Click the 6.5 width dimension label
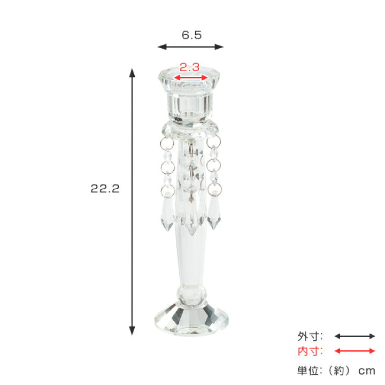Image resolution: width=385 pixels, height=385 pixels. point(191,35)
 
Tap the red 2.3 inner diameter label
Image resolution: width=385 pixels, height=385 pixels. point(189,67)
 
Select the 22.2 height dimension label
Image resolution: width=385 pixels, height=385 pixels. point(105,189)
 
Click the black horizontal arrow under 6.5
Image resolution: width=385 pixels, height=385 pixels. point(190,47)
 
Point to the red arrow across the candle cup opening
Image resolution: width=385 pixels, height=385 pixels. point(191,78)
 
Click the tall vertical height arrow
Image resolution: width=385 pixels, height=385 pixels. point(132,202)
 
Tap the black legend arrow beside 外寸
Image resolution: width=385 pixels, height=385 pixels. point(355,336)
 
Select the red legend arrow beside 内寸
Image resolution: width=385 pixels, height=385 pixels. point(355,351)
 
